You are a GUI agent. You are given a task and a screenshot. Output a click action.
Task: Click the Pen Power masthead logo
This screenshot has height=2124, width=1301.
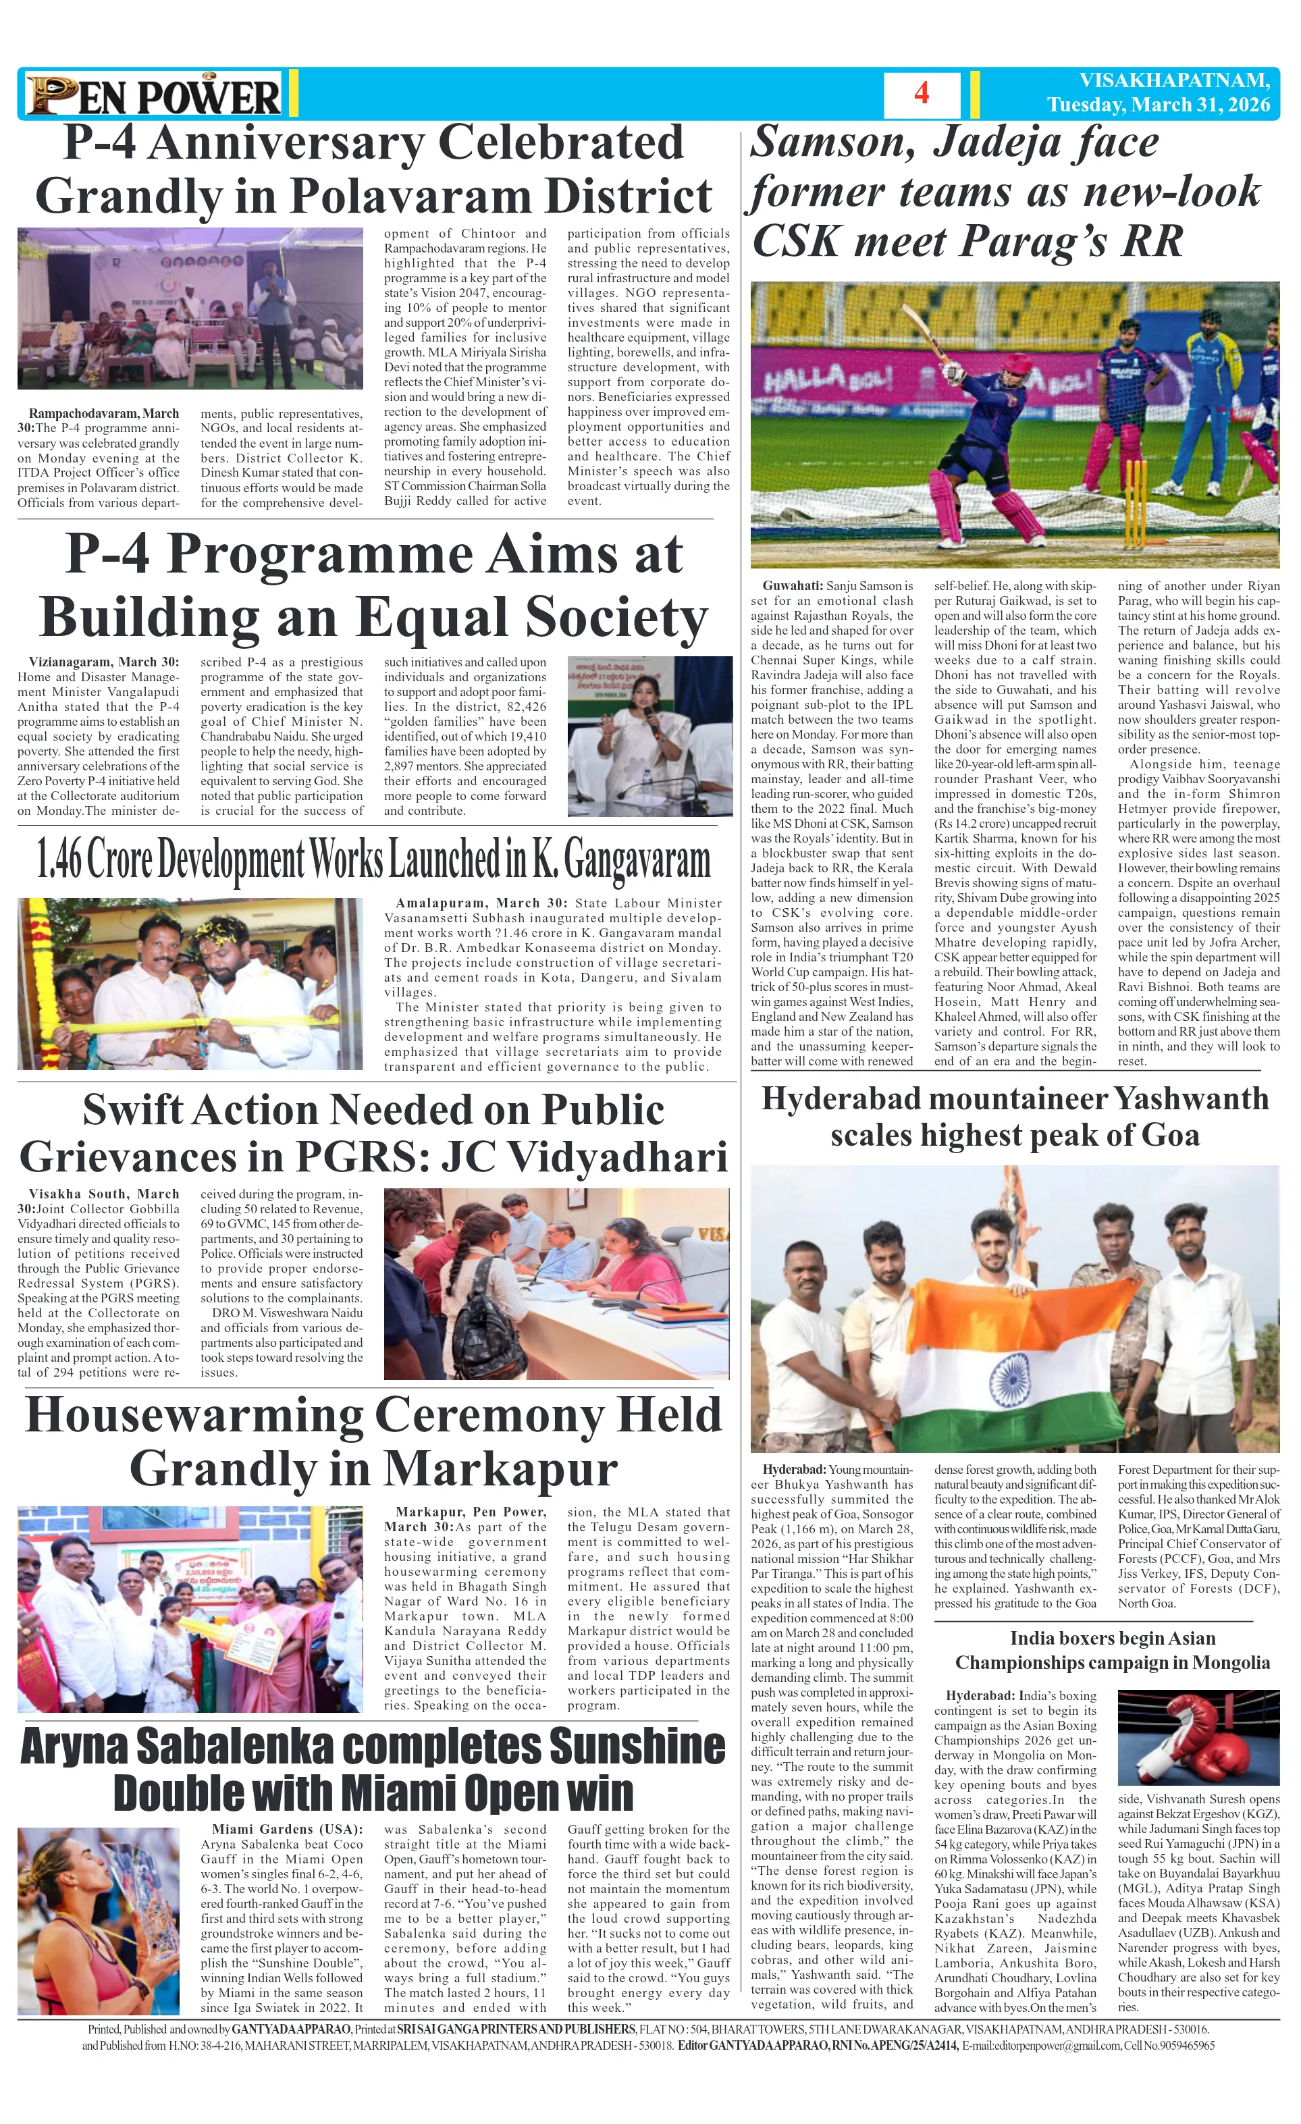click(153, 95)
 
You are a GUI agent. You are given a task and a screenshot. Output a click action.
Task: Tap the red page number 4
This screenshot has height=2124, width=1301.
click(921, 93)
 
